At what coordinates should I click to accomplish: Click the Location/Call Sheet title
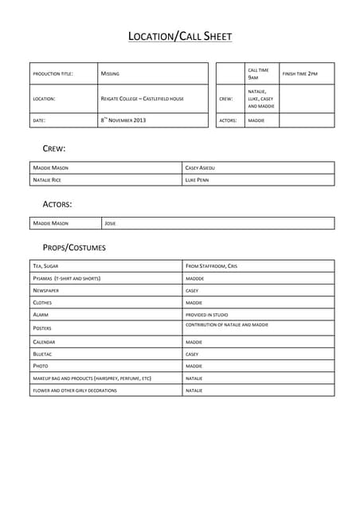(x=180, y=36)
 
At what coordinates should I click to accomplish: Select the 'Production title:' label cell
(x=53, y=74)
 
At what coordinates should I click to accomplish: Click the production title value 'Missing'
(x=110, y=74)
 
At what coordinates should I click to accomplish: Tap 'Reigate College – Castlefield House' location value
(x=142, y=99)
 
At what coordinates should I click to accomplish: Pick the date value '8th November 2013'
(x=123, y=120)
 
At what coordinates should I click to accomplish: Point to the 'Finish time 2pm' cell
(x=300, y=74)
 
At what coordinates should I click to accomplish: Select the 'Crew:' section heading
(x=53, y=148)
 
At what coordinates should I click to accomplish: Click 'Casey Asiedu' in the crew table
(x=200, y=168)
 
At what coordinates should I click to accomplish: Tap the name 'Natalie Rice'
(x=47, y=180)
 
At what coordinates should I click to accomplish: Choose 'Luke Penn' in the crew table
(x=197, y=180)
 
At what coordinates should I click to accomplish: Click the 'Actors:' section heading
(x=57, y=204)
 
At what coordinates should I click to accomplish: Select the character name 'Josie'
(x=111, y=223)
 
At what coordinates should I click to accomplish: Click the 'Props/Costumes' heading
(x=74, y=248)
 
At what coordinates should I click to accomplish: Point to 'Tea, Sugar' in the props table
(x=45, y=265)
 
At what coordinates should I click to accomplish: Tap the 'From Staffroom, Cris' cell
(x=211, y=265)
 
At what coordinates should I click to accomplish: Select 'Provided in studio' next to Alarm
(x=206, y=315)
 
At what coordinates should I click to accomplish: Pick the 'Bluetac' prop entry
(x=43, y=354)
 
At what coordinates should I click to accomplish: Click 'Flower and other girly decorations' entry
(x=75, y=390)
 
